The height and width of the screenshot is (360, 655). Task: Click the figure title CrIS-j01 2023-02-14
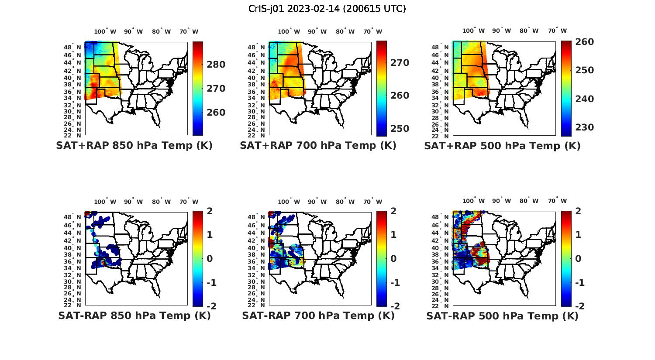(x=327, y=8)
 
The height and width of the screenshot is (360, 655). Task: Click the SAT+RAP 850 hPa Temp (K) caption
(x=134, y=146)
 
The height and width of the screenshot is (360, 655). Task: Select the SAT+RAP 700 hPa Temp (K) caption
(x=318, y=146)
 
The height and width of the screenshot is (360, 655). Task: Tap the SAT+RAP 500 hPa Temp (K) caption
(x=502, y=146)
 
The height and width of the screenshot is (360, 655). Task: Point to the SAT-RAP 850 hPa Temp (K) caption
(x=134, y=315)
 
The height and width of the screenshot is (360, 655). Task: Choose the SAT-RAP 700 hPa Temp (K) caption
(x=318, y=315)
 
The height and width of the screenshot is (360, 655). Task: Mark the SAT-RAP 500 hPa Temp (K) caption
(x=502, y=315)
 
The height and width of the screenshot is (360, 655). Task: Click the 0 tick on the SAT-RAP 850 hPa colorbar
(x=209, y=259)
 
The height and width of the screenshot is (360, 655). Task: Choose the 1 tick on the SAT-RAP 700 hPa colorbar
(x=393, y=235)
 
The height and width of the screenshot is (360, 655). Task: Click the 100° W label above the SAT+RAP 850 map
(x=105, y=31)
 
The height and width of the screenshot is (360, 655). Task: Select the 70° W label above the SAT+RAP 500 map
(x=557, y=31)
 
